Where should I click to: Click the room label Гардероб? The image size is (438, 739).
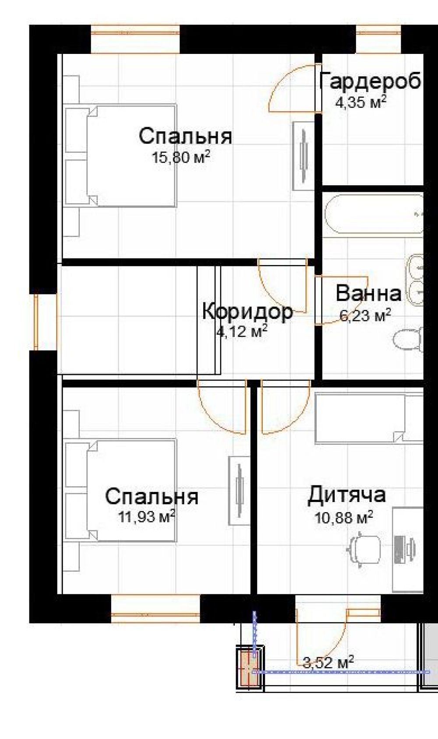pyautogui.click(x=371, y=81)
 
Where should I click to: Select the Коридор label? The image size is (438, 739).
pyautogui.click(x=247, y=312)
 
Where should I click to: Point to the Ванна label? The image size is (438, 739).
pyautogui.click(x=368, y=293)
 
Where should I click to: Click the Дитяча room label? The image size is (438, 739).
pyautogui.click(x=346, y=495)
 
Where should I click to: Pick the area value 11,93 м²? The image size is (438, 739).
pyautogui.click(x=147, y=517)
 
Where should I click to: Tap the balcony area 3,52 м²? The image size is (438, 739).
pyautogui.click(x=328, y=662)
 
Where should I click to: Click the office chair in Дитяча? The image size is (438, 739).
pyautogui.click(x=364, y=549)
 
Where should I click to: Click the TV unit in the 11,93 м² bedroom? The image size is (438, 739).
pyautogui.click(x=239, y=491)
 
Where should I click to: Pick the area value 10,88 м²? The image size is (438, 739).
pyautogui.click(x=344, y=518)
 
